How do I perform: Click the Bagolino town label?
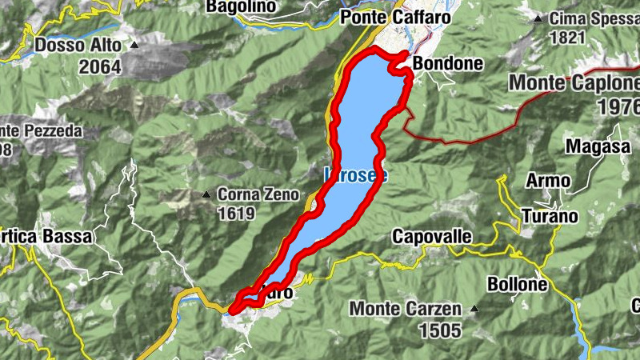click(241, 6)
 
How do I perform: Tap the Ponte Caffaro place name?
click(395, 17)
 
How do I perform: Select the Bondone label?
click(448, 63)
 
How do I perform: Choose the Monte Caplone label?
click(574, 83)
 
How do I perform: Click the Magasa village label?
click(594, 146)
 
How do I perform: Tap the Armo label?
click(548, 182)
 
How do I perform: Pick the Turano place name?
click(550, 215)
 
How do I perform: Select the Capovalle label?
click(432, 236)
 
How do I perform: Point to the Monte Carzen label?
click(406, 309)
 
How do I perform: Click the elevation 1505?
click(439, 329)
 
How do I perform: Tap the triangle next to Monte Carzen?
click(475, 308)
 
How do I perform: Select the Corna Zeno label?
click(258, 194)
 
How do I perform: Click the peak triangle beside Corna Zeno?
click(207, 194)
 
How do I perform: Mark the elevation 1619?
click(235, 214)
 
